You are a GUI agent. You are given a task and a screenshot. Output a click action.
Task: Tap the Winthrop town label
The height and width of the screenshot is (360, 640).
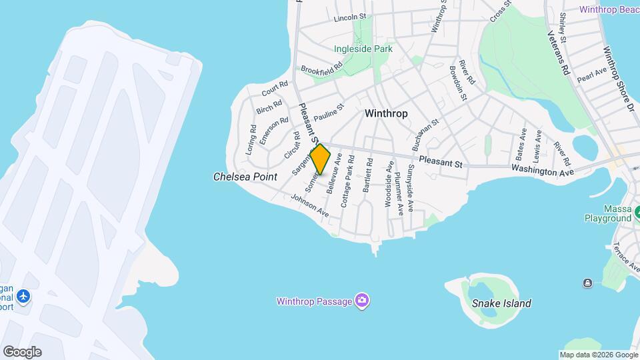coord(386,113)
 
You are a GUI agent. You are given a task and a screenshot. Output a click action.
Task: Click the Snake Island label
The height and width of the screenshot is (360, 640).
coord(501,303)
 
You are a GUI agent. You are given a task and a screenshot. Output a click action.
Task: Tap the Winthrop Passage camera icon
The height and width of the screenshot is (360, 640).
coord(361,301)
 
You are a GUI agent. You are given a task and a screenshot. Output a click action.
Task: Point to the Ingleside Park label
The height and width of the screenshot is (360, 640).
coord(363,49)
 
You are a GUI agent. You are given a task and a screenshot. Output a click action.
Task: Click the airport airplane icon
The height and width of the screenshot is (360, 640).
coord(24,295)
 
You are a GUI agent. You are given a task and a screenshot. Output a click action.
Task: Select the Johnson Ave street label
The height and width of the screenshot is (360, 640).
coord(310,205)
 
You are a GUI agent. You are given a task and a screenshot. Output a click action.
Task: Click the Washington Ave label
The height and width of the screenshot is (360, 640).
coord(542,171)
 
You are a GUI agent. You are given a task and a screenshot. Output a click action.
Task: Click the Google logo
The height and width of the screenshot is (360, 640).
coord(22,351)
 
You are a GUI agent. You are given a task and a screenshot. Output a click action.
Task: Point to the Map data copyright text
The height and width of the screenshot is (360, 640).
coord(598,355)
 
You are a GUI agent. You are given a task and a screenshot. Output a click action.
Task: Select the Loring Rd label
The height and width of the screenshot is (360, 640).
coord(251,141)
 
